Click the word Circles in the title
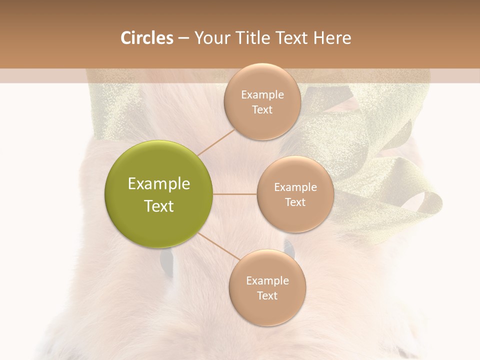147,38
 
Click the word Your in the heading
210,38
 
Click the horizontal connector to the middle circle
235,194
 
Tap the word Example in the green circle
159,184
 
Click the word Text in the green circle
159,206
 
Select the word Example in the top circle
262,95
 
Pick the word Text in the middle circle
295,202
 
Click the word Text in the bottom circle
267,296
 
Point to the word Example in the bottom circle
267,281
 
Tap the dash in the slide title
183,38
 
